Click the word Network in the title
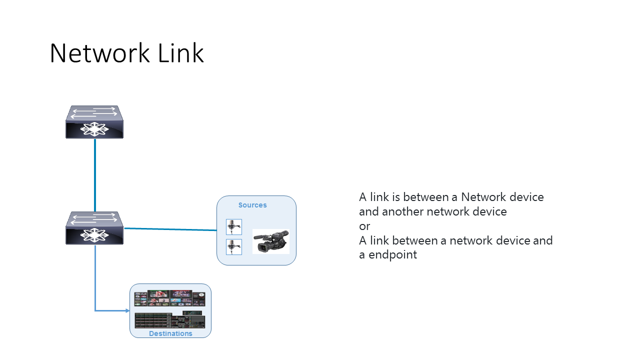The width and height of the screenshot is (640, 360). pyautogui.click(x=99, y=53)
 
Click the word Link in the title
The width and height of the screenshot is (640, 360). pyautogui.click(x=180, y=53)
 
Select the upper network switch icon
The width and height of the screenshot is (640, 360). pyautogui.click(x=94, y=122)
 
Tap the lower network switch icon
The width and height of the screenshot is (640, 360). pyautogui.click(x=94, y=228)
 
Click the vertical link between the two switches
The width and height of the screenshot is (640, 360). pyautogui.click(x=95, y=175)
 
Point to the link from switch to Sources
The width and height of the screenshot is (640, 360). pyautogui.click(x=170, y=229)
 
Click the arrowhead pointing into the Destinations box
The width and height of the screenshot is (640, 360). pyautogui.click(x=127, y=310)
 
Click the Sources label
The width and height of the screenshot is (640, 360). pyautogui.click(x=252, y=205)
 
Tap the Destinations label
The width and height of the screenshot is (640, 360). pyautogui.click(x=170, y=333)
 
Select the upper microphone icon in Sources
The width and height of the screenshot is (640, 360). pyautogui.click(x=234, y=227)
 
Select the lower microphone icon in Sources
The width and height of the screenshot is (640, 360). pyautogui.click(x=234, y=247)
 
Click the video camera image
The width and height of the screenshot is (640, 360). pyautogui.click(x=271, y=241)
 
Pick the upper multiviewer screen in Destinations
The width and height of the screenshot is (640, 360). pyautogui.click(x=169, y=298)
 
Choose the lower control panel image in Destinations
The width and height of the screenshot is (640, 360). pyautogui.click(x=169, y=319)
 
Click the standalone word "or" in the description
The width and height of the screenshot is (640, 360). pyautogui.click(x=364, y=226)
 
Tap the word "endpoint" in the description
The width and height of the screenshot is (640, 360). pyautogui.click(x=393, y=255)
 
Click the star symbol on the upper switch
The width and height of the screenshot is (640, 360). pyautogui.click(x=94, y=129)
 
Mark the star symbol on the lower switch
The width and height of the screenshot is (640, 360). pyautogui.click(x=94, y=235)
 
